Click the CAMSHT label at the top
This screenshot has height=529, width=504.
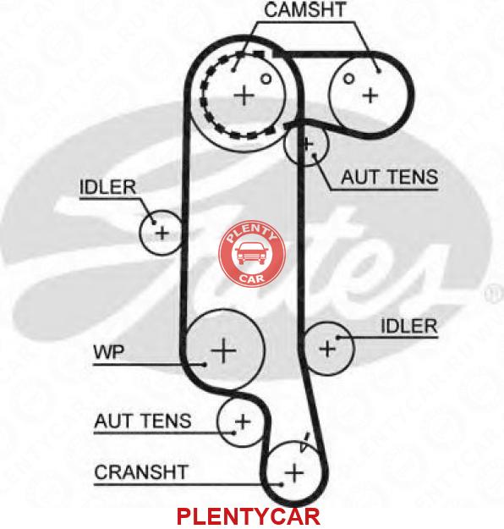pyautogui.click(x=305, y=10)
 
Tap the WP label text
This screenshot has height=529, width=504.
pyautogui.click(x=108, y=352)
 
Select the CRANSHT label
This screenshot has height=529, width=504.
pyautogui.click(x=141, y=472)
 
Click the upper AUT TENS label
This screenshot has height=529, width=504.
pyautogui.click(x=389, y=177)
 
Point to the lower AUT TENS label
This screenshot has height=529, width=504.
pyautogui.click(x=143, y=421)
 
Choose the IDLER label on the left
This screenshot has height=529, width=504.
pyautogui.click(x=108, y=187)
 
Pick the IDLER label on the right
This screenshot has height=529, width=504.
pyautogui.click(x=409, y=326)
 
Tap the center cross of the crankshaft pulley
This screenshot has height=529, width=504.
pyautogui.click(x=294, y=472)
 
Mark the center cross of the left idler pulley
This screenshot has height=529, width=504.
pyautogui.click(x=162, y=233)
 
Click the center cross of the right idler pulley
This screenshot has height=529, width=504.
pyautogui.click(x=327, y=348)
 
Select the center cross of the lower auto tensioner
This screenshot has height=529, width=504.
pyautogui.click(x=243, y=422)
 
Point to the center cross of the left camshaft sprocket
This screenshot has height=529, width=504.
pyautogui.click(x=244, y=95)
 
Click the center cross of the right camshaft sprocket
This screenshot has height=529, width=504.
pyautogui.click(x=370, y=96)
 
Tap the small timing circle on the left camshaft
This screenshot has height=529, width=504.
pyautogui.click(x=266, y=79)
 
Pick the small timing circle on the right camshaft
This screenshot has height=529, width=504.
pyautogui.click(x=348, y=79)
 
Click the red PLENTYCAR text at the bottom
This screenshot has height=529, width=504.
pyautogui.click(x=248, y=516)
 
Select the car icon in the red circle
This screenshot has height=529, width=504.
pyautogui.click(x=251, y=253)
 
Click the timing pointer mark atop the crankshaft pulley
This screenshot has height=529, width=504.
pyautogui.click(x=304, y=443)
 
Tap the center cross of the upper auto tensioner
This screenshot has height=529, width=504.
pyautogui.click(x=307, y=145)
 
